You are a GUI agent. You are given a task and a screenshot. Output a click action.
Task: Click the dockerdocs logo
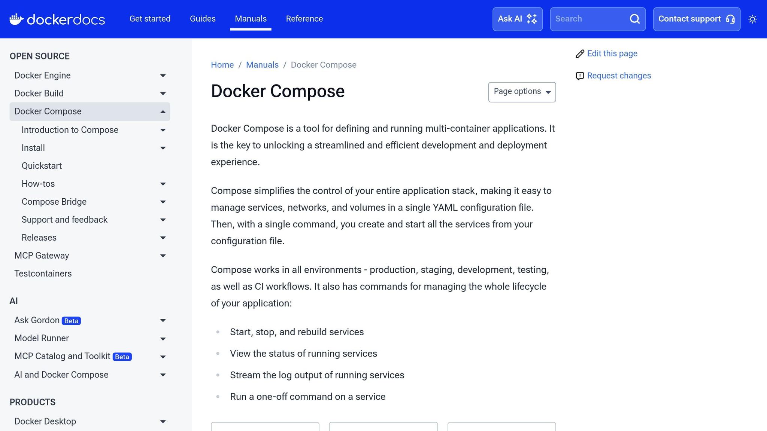pyautogui.click(x=57, y=19)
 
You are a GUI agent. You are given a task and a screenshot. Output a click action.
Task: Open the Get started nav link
pyautogui.click(x=150, y=19)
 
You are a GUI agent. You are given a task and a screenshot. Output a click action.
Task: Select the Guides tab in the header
pyautogui.click(x=203, y=19)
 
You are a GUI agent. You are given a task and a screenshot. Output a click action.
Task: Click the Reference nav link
pyautogui.click(x=304, y=19)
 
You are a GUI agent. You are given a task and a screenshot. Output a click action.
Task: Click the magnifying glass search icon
pyautogui.click(x=634, y=19)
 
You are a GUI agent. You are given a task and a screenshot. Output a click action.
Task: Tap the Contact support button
pyautogui.click(x=696, y=19)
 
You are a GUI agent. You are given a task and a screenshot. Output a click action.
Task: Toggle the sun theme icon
pyautogui.click(x=752, y=19)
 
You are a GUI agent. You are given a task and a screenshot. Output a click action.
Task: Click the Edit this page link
pyautogui.click(x=612, y=54)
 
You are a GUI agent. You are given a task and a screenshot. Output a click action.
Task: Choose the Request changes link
pyautogui.click(x=619, y=76)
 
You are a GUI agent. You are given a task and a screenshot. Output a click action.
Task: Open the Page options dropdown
pyautogui.click(x=522, y=92)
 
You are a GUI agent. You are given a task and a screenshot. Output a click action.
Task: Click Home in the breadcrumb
pyautogui.click(x=222, y=65)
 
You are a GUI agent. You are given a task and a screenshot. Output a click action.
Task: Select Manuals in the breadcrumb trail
pyautogui.click(x=262, y=65)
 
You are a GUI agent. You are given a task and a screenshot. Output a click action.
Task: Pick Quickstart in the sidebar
pyautogui.click(x=42, y=166)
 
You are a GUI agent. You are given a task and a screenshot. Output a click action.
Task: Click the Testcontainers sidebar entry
pyautogui.click(x=43, y=273)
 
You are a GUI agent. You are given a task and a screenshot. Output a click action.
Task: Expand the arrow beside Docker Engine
pyautogui.click(x=163, y=76)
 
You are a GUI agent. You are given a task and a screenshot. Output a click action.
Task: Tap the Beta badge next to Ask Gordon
pyautogui.click(x=71, y=321)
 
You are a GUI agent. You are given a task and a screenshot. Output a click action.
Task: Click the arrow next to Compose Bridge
pyautogui.click(x=163, y=202)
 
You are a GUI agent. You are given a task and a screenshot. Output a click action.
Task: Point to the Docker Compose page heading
pyautogui.click(x=278, y=91)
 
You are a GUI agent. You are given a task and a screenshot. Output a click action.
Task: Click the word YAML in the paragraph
pyautogui.click(x=445, y=208)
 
